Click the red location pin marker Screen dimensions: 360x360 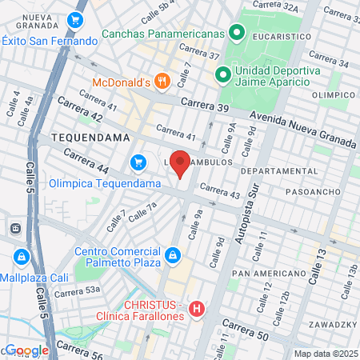pos(181,164)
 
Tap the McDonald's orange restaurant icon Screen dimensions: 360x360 pos(162,81)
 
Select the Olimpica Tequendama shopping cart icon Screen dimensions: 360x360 pos(139,163)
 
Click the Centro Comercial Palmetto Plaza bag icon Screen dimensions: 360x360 pos(172,256)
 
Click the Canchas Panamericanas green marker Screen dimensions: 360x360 pos(236,34)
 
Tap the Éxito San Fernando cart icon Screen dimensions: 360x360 pos(77,20)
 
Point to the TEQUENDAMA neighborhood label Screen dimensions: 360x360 pos(90,138)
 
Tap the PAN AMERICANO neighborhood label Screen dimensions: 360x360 pos(265,274)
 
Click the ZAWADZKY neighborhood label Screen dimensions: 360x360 pos(331,325)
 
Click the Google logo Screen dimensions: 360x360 pos(26,350)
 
